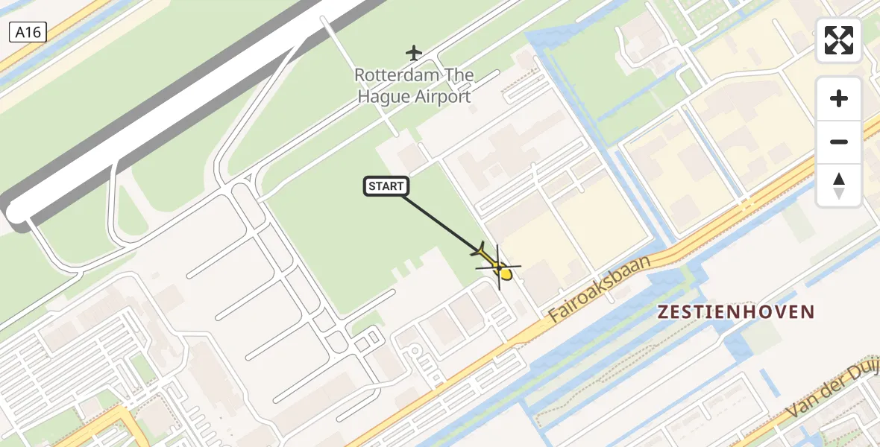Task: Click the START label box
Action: [386, 186]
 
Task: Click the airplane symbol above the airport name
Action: [414, 53]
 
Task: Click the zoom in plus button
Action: [839, 98]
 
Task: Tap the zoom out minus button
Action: [839, 142]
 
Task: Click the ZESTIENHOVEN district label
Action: [735, 312]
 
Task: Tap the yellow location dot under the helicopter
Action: [506, 274]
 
